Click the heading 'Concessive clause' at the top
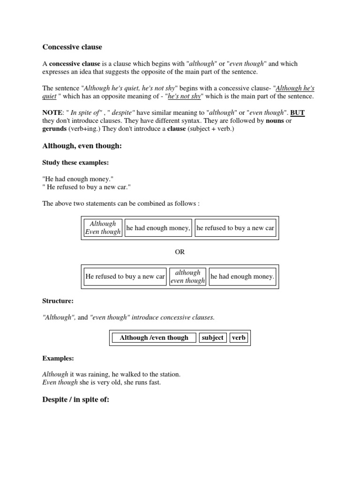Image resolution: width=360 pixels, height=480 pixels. click(x=72, y=47)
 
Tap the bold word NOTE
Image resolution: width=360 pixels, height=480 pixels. click(x=52, y=112)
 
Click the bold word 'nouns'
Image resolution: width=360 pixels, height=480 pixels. click(x=275, y=121)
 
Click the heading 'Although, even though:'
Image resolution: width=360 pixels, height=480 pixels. click(x=82, y=146)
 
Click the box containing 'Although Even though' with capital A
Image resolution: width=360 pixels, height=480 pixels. click(x=103, y=228)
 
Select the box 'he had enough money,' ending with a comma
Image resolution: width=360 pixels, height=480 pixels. click(x=158, y=228)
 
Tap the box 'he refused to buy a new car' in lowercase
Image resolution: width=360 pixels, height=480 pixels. click(x=235, y=228)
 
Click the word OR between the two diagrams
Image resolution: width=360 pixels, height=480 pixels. click(x=180, y=252)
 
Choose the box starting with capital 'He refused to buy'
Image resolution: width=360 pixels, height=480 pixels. click(x=125, y=277)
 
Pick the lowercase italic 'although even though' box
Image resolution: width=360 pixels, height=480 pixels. click(x=187, y=277)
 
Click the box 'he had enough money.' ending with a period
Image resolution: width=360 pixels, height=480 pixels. click(x=242, y=277)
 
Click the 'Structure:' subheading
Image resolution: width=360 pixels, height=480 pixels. click(x=58, y=300)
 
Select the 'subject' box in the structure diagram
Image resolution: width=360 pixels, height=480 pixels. click(x=213, y=337)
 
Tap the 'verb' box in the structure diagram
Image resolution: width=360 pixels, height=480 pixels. click(x=239, y=337)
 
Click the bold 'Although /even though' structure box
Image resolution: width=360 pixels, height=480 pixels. click(x=154, y=337)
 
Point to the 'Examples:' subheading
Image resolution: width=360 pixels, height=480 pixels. click(x=58, y=358)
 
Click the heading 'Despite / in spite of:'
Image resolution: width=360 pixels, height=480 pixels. click(x=76, y=400)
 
